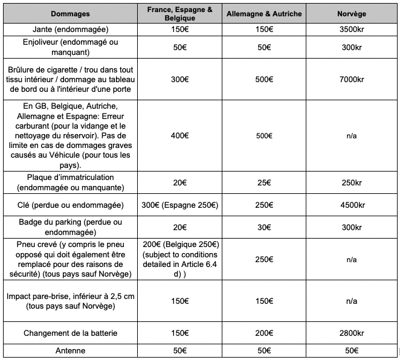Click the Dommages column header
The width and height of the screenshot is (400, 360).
click(x=71, y=13)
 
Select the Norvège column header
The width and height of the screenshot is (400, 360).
click(x=351, y=13)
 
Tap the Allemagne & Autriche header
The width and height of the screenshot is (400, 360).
click(x=264, y=13)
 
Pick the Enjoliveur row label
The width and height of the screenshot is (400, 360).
click(x=71, y=46)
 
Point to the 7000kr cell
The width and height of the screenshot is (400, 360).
click(x=351, y=79)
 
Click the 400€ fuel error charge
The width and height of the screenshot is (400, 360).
click(x=180, y=135)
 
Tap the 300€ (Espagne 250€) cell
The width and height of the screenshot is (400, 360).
click(x=180, y=205)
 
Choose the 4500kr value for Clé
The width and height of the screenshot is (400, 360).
click(x=351, y=205)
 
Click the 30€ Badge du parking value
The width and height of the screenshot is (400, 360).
click(x=264, y=227)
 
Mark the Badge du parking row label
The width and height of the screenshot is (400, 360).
click(x=71, y=227)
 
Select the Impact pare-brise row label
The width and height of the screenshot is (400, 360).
click(x=71, y=301)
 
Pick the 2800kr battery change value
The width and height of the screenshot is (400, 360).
click(x=351, y=333)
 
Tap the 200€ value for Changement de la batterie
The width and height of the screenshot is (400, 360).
click(x=264, y=333)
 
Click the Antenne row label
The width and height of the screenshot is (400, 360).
click(x=71, y=350)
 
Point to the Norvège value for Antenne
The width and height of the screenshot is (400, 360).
click(x=351, y=350)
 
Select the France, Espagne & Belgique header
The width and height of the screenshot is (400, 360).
click(x=180, y=13)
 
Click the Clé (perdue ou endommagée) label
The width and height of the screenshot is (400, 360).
click(x=71, y=205)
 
